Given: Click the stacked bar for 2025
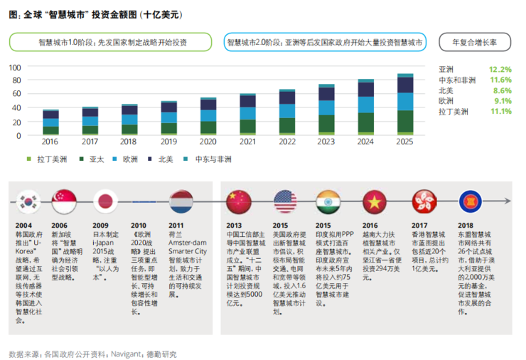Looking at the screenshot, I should (x=404, y=104).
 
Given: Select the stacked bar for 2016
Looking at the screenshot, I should (x=50, y=122).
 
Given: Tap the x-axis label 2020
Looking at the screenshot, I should (x=208, y=142).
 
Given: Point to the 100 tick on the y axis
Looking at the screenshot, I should (x=15, y=67).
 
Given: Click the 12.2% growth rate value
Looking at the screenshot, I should (x=500, y=70).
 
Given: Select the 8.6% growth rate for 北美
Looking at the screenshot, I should (x=502, y=90).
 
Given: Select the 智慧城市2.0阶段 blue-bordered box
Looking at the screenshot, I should (x=325, y=42).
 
